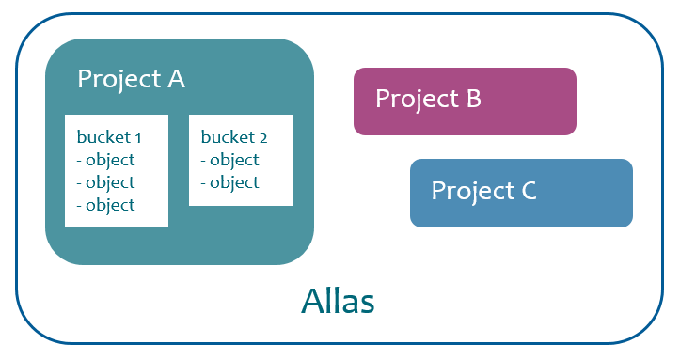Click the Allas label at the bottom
pos(338,302)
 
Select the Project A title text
pos(131,79)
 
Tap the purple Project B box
pos(465,101)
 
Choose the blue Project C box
pos(521,193)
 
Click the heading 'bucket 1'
pos(109,137)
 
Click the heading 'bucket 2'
pos(234,137)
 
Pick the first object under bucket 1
pos(106,160)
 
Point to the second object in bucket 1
pos(106,182)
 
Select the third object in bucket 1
pos(106,205)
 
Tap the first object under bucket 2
pos(230,160)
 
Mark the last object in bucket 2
pos(230,182)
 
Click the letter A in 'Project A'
pos(175,79)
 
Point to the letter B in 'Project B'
pos(473,98)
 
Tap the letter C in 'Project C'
pos(528,191)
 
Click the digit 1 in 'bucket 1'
pos(137,138)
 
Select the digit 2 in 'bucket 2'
pos(262,138)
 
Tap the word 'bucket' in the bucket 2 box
pos(227,137)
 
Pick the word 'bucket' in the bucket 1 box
pos(102,137)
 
